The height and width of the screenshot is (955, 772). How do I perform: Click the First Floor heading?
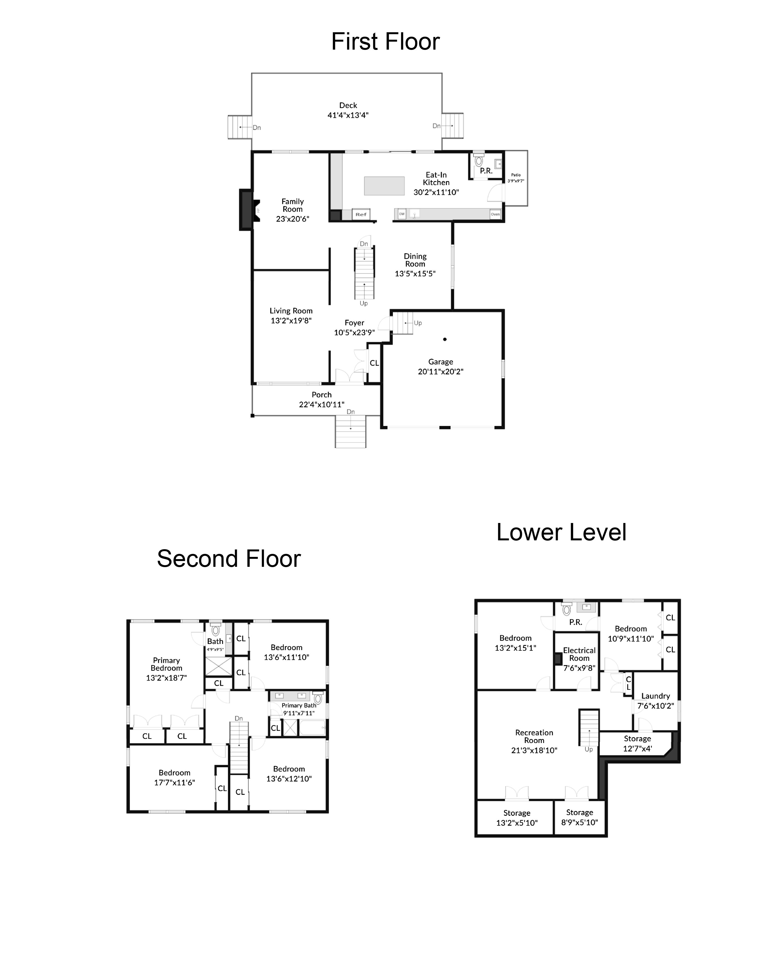[x=385, y=42]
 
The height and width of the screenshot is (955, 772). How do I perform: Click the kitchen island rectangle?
[x=384, y=186]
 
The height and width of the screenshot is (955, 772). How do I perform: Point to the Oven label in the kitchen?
[x=495, y=214]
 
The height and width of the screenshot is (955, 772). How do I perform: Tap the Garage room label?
[x=440, y=362]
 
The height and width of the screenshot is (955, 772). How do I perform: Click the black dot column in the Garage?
[x=445, y=339]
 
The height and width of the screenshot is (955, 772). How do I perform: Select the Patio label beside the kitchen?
[x=516, y=175]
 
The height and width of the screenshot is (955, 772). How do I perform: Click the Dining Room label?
[x=415, y=260]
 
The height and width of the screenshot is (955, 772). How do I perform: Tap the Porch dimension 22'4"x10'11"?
[x=321, y=405]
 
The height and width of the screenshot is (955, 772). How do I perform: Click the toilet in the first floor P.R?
[x=478, y=160]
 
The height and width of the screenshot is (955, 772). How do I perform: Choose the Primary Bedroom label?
[x=166, y=664]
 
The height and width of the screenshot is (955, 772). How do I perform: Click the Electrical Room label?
[x=579, y=654]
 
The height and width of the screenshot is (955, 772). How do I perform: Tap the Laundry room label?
[x=655, y=696]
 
